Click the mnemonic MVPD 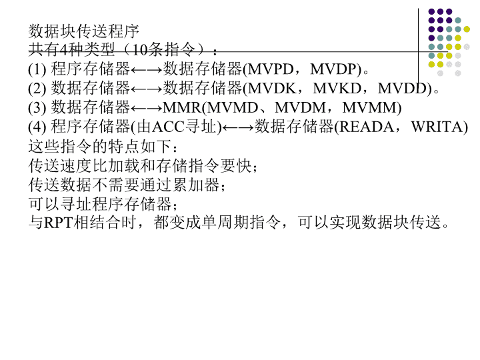pos(271,69)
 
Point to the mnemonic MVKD pos(337,89)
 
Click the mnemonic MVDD pos(402,89)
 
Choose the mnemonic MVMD pos(233,108)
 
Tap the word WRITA pos(437,127)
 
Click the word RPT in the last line pos(59,223)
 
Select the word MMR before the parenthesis pos(182,108)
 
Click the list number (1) pos(37,69)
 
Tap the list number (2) pos(37,89)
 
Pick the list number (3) pos(37,108)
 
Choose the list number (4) pos(37,127)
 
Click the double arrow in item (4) pos(238,127)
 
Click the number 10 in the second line pos(139,50)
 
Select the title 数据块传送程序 pos(84,31)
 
